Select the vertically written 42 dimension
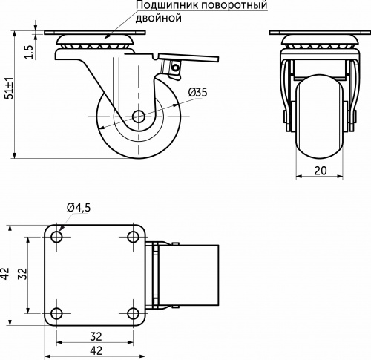(x=6, y=274)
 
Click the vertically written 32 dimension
(x=23, y=274)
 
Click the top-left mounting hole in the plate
(x=56, y=237)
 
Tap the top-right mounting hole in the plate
(x=132, y=237)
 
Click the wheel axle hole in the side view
(x=139, y=117)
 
